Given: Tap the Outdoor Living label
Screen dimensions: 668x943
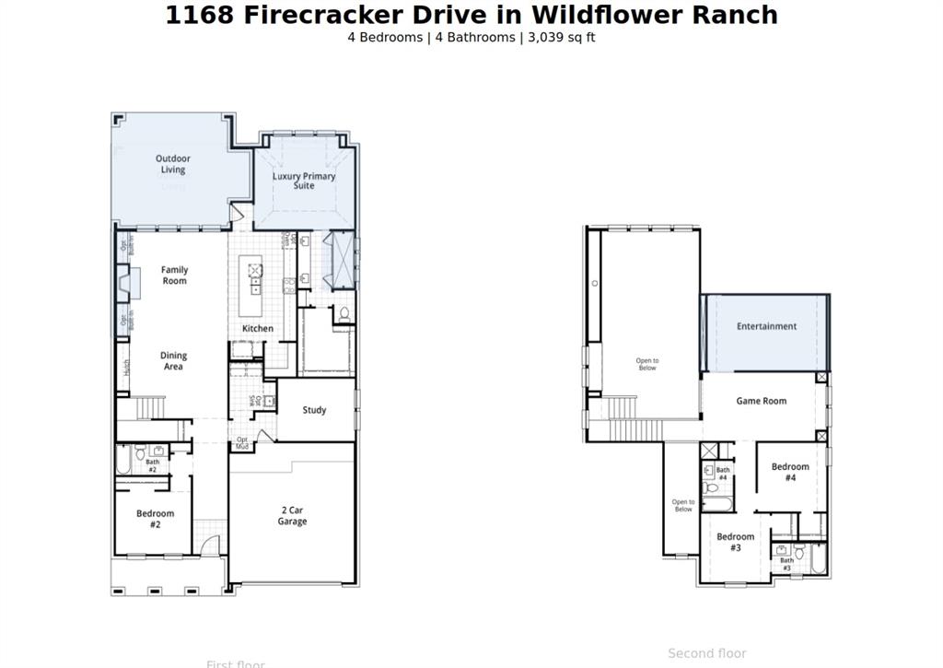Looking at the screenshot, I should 173,164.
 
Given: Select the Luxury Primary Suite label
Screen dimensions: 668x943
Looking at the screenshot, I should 304,181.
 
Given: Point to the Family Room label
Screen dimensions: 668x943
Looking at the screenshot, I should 174,275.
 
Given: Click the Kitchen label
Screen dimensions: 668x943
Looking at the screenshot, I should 258,329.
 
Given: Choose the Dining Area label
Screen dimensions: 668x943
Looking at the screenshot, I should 173,360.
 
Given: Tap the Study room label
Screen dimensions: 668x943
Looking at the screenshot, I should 314,410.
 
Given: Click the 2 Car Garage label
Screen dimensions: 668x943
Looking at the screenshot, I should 293,516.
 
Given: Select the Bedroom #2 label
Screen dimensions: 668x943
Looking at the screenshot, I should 155,519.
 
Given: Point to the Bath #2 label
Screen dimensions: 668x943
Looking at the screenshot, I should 152,465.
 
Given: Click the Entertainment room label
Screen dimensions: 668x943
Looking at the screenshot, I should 766,326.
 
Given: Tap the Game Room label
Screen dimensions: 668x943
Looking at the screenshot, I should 762,401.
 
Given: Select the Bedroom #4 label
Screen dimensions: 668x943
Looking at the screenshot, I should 790,473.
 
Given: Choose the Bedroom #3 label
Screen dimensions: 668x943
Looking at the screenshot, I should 735,542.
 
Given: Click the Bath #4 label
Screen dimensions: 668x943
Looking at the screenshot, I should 723,474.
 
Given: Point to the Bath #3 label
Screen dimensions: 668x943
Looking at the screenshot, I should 786,564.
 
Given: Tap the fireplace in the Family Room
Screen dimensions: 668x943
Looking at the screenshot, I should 128,283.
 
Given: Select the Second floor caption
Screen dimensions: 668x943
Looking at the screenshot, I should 707,653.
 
